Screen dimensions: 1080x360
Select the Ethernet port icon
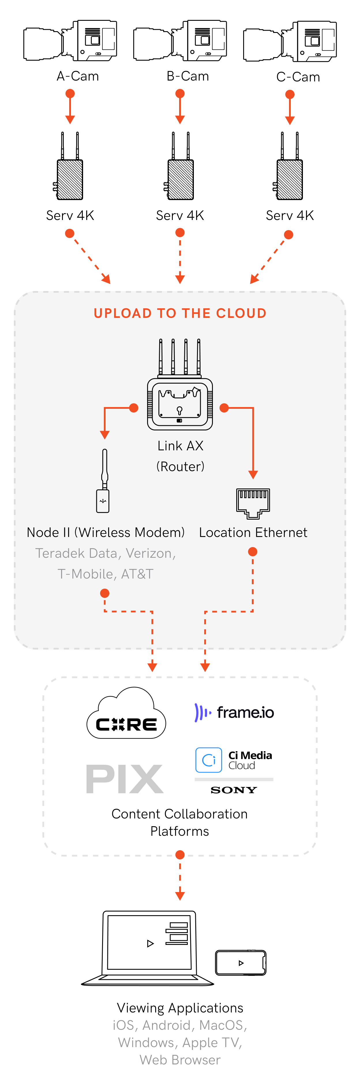[x=253, y=503]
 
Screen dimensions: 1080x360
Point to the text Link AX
[x=180, y=446]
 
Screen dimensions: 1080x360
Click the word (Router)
[x=180, y=466]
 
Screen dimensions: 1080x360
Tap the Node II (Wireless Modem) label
[x=106, y=532]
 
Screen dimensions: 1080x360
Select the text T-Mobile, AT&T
[x=106, y=574]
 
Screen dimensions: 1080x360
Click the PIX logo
[x=124, y=779]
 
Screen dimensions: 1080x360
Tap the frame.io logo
[x=235, y=712]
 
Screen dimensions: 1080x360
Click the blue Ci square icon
[x=208, y=760]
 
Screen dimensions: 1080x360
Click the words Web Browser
[x=180, y=1060]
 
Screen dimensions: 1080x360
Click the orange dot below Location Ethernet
[x=252, y=552]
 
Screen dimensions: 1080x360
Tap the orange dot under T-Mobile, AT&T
[x=105, y=593]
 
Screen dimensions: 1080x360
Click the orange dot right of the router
[x=224, y=408]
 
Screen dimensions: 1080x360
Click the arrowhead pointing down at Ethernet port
[x=253, y=475]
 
